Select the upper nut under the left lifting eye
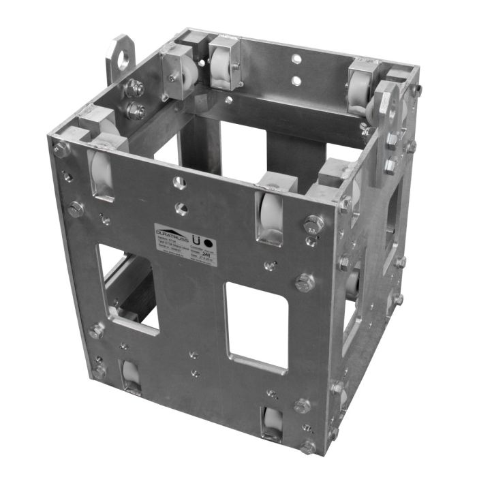[x=134, y=88]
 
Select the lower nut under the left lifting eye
[x=135, y=111]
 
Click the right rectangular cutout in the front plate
[x=256, y=328]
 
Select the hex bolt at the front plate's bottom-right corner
[x=308, y=447]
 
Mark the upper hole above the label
[x=179, y=183]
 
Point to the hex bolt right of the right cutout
[x=304, y=281]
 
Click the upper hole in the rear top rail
[x=296, y=60]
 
